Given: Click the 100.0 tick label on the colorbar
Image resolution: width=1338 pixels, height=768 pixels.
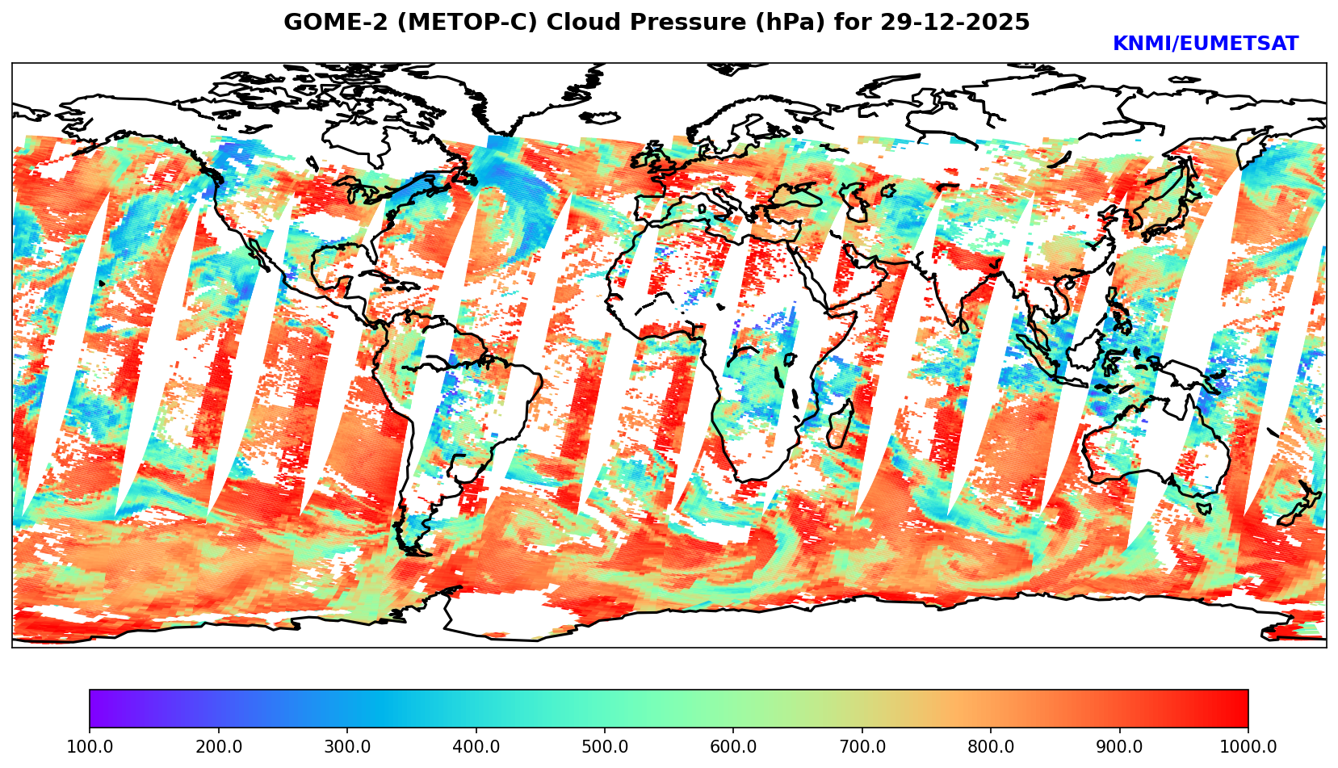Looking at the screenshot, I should coord(90,746).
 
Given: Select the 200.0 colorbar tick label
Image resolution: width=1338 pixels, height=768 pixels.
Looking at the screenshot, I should coord(218,746).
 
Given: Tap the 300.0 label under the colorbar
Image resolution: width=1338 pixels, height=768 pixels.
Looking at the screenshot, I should coord(347,746).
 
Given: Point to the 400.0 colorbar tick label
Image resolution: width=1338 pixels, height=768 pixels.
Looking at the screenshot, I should coord(476,746).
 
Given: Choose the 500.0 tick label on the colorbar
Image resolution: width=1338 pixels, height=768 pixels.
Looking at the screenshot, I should coord(605,746).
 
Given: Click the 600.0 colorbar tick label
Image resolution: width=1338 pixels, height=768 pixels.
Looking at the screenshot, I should coord(733,746).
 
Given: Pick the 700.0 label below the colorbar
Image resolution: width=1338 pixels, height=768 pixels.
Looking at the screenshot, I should coord(862,746).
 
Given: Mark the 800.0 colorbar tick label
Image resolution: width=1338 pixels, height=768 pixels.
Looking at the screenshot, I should coord(991,746).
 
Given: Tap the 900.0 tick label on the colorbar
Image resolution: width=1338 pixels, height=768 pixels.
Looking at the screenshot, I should coord(1120,746).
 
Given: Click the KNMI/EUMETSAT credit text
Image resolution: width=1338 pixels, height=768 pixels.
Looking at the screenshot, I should coord(1205,44).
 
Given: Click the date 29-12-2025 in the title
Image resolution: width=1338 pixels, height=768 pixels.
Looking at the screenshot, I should coord(955,23).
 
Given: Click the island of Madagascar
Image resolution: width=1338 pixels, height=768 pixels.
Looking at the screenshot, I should coord(841,426).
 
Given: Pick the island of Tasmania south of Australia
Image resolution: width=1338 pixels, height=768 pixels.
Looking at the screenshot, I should coord(1204,509).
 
